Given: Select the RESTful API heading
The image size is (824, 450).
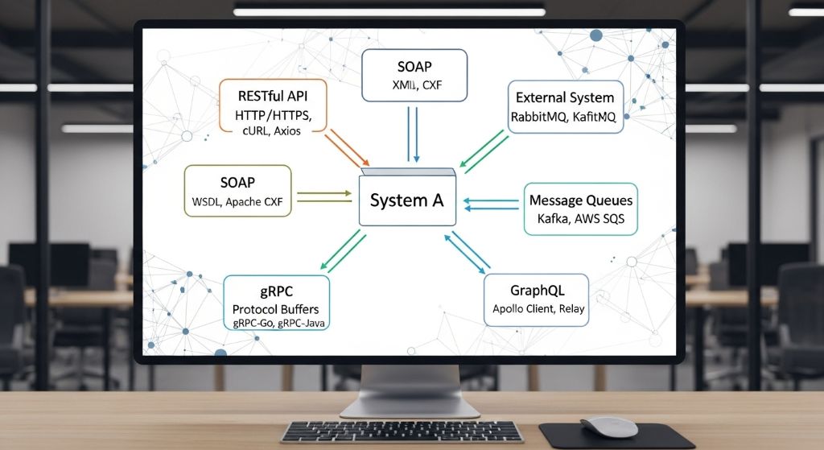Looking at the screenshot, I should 274,93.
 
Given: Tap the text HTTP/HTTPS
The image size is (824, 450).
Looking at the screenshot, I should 274,113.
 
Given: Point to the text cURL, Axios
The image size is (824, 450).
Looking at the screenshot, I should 273,130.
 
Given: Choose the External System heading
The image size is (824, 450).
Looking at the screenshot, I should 565,98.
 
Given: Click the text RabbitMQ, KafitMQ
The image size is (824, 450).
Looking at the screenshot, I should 563,117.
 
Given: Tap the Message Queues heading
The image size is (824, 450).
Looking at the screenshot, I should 580,200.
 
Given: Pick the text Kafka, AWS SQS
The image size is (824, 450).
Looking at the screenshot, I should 580,218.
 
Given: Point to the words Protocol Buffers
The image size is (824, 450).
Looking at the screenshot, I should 275,309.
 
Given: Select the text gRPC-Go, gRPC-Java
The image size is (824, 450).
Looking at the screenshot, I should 275,324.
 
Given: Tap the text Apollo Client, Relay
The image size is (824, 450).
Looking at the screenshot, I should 538,308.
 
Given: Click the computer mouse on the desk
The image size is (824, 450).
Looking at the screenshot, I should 608,426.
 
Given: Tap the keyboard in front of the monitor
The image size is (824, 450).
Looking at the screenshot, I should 402,431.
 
